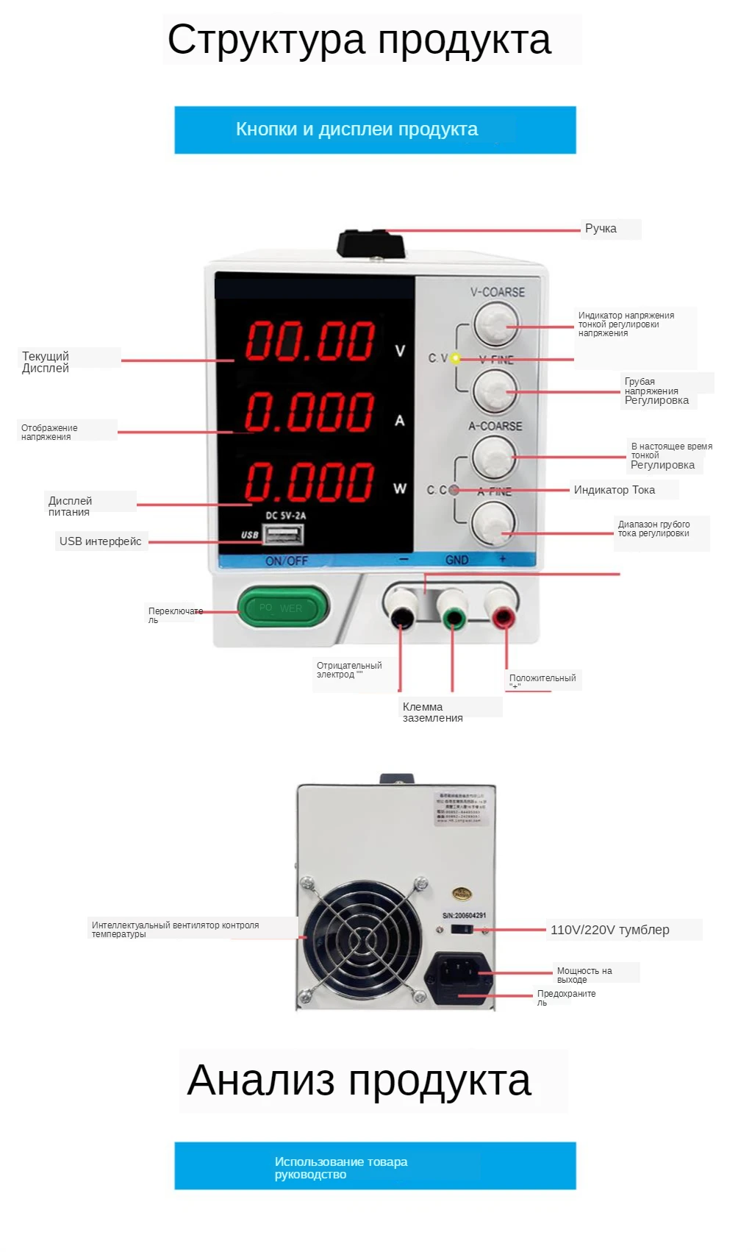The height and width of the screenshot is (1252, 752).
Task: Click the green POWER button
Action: [283, 608]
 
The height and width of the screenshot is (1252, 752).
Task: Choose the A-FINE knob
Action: [493, 524]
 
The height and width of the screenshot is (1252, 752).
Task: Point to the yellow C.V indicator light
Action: [456, 359]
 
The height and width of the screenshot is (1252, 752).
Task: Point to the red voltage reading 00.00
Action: [310, 341]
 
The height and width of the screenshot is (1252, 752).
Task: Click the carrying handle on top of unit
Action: [371, 243]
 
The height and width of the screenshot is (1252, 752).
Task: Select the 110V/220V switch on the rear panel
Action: [461, 930]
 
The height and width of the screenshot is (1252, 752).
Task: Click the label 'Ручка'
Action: [601, 229]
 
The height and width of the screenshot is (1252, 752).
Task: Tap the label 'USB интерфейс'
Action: [100, 541]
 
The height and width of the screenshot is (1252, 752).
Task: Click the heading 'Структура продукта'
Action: [359, 40]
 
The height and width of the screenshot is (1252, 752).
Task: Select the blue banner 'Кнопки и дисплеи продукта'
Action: [375, 130]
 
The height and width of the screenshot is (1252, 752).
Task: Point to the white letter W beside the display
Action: [400, 488]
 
